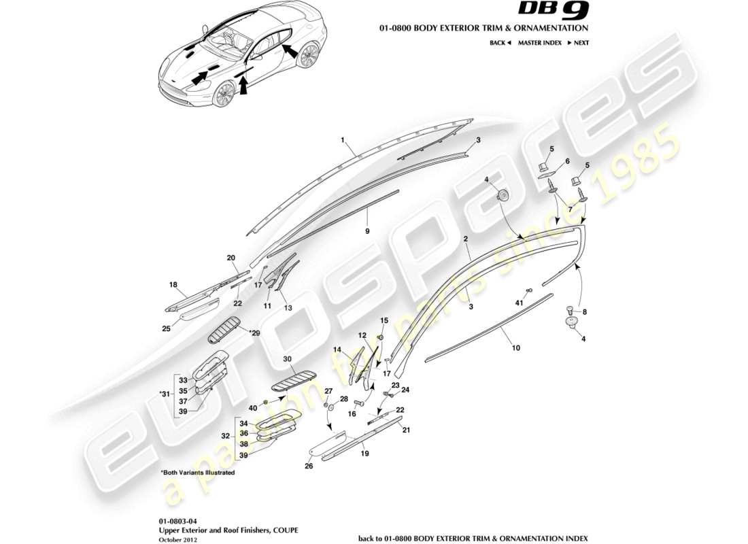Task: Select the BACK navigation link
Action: point(500,42)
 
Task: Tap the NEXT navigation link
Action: point(578,42)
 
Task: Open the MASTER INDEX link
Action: point(537,42)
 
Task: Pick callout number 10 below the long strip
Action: point(516,347)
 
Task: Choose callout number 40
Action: point(253,408)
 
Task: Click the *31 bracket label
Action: point(164,393)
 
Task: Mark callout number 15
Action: point(384,320)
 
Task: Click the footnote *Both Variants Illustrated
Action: point(197,472)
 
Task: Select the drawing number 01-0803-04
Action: point(178,521)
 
